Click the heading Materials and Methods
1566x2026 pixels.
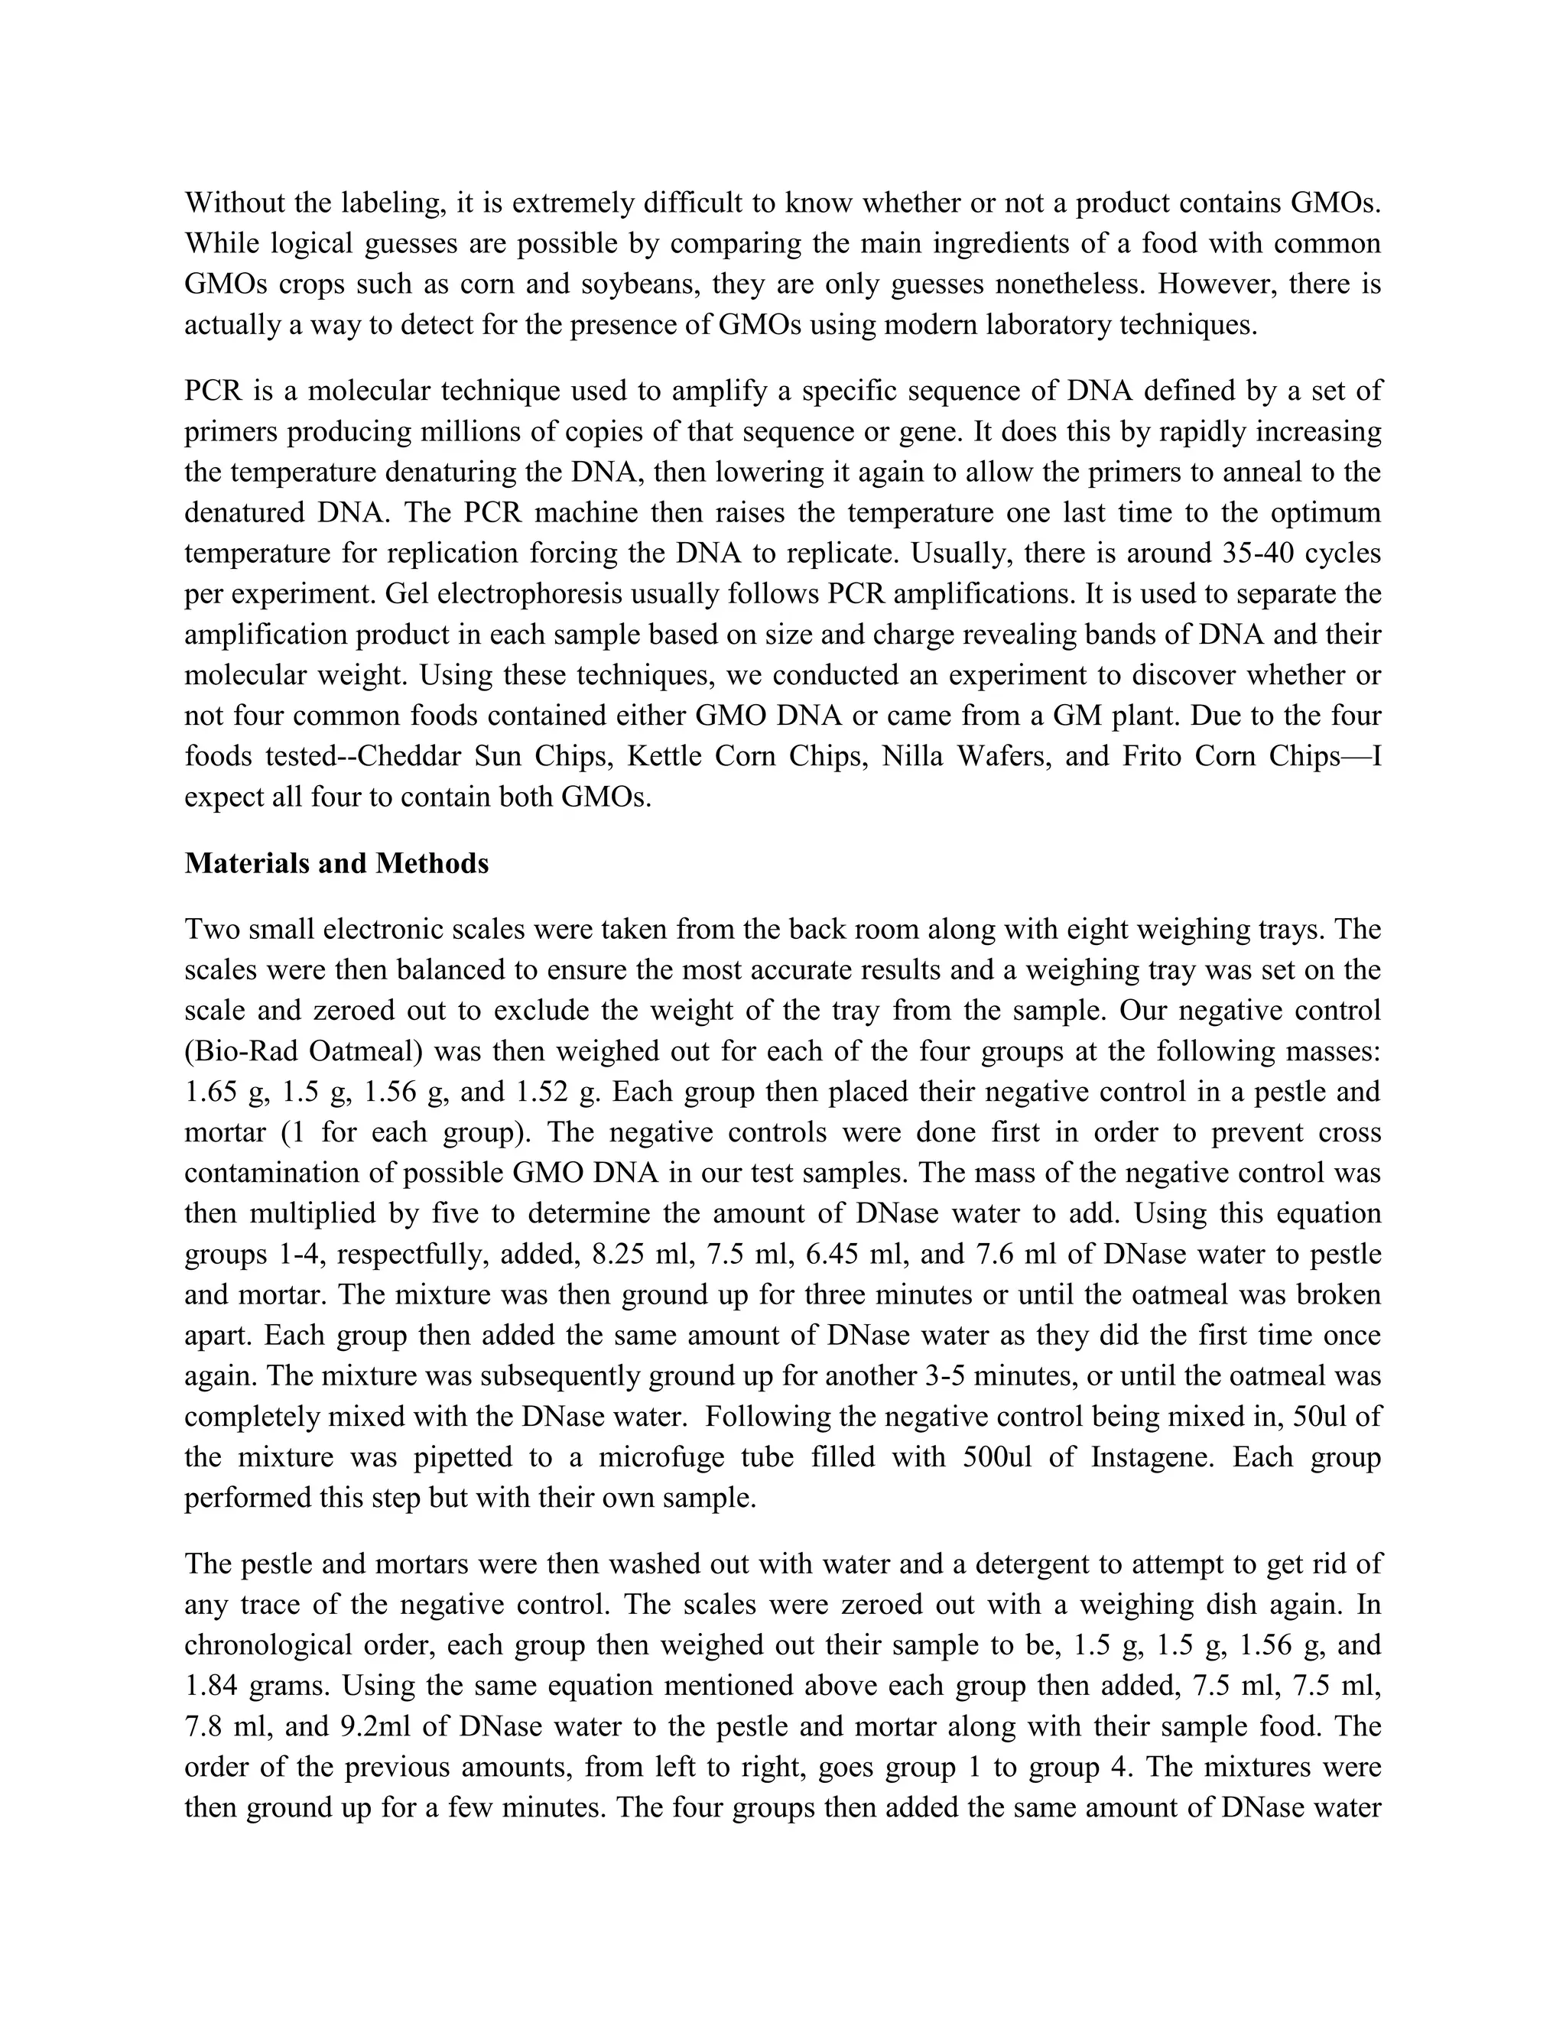(336, 864)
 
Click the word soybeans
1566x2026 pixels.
(638, 284)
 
